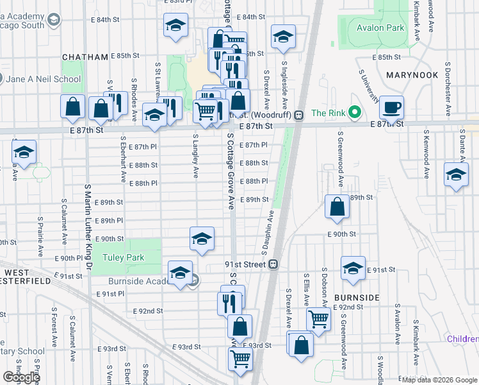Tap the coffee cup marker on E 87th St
[391, 107]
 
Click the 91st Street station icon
[273, 264]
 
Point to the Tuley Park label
[124, 257]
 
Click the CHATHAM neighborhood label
[85, 57]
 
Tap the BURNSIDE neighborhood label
[357, 298]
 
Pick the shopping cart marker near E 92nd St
[318, 318]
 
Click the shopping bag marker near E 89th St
[337, 207]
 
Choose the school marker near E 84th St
[175, 26]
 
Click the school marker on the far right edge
[455, 175]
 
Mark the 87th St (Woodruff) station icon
[298, 115]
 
